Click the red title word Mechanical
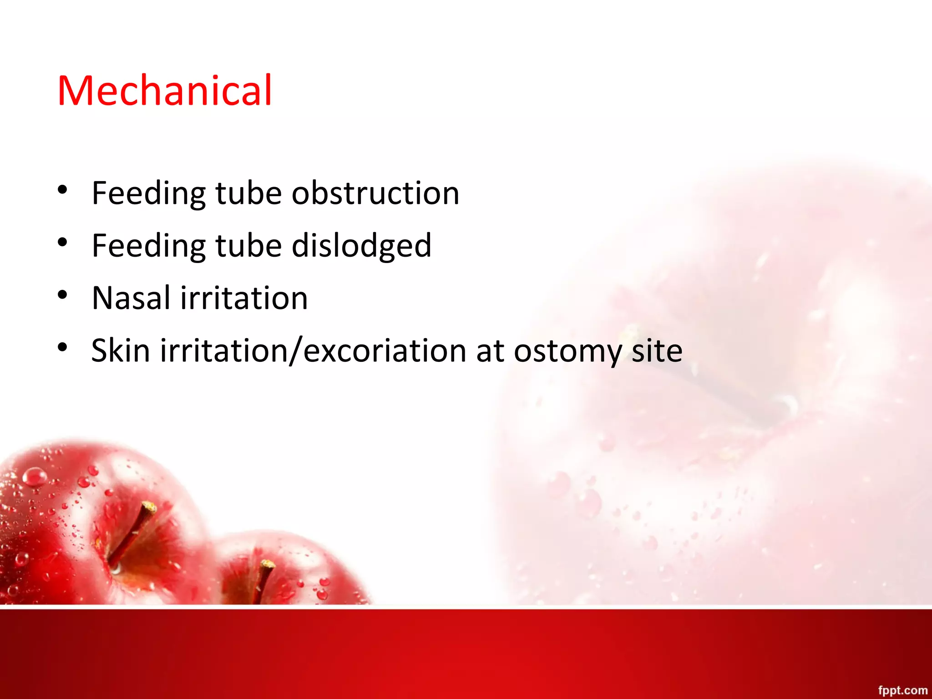click(165, 91)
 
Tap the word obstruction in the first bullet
click(375, 193)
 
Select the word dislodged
click(361, 245)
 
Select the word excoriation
click(385, 350)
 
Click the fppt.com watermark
click(902, 690)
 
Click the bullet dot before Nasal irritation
click(63, 295)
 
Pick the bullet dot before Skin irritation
click(63, 347)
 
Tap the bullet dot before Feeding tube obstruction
click(63, 190)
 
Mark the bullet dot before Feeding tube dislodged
click(63, 242)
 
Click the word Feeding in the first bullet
click(148, 193)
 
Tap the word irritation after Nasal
click(244, 298)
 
